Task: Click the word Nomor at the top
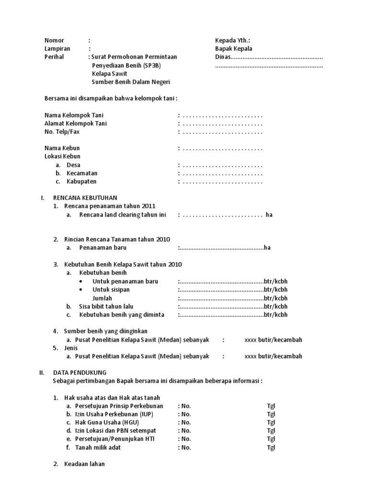coord(54,40)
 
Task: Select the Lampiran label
coord(57,48)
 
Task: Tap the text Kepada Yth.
coord(232,40)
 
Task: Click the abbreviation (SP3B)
coord(150,65)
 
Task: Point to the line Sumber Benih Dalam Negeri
coord(131,81)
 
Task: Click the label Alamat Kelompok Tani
coord(76,123)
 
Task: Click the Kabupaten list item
coord(81,181)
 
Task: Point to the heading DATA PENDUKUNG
coord(80,372)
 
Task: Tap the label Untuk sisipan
coord(111,290)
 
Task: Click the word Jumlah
coord(103,298)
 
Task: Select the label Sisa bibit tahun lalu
coord(106,306)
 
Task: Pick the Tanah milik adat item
coord(98,447)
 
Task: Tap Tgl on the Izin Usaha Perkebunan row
coord(271,414)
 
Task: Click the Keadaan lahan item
coord(85,464)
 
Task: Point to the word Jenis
coord(71,348)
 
